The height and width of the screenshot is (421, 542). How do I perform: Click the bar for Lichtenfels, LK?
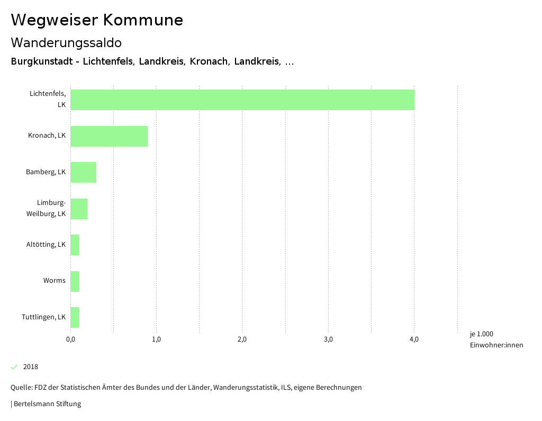point(242,100)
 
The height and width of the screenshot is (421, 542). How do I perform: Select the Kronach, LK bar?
point(109,136)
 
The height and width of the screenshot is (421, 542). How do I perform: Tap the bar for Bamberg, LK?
point(83,172)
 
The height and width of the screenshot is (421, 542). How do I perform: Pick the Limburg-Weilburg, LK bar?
point(79,209)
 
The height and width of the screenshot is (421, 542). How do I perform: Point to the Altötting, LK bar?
point(75,245)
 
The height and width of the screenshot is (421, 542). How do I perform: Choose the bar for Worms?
point(75,281)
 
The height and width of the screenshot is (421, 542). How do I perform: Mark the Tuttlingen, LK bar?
point(75,317)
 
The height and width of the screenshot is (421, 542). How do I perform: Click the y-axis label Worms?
point(55,281)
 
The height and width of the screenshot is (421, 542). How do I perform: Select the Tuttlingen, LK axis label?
point(44,317)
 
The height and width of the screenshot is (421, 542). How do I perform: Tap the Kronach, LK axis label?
point(47,136)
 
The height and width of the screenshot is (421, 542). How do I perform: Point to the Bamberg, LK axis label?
point(46,172)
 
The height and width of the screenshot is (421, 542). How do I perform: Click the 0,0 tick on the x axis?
point(70,339)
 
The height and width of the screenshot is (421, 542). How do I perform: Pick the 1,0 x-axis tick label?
point(156,339)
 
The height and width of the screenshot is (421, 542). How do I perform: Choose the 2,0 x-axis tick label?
point(242,339)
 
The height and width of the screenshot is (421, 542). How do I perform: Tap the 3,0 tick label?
point(328,339)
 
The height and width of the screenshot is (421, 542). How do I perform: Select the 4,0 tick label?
point(414,339)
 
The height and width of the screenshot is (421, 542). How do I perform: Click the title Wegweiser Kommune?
point(97,20)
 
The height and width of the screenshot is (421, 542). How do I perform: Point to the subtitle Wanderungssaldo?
point(66,42)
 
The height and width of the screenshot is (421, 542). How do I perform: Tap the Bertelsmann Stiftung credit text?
point(47,404)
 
